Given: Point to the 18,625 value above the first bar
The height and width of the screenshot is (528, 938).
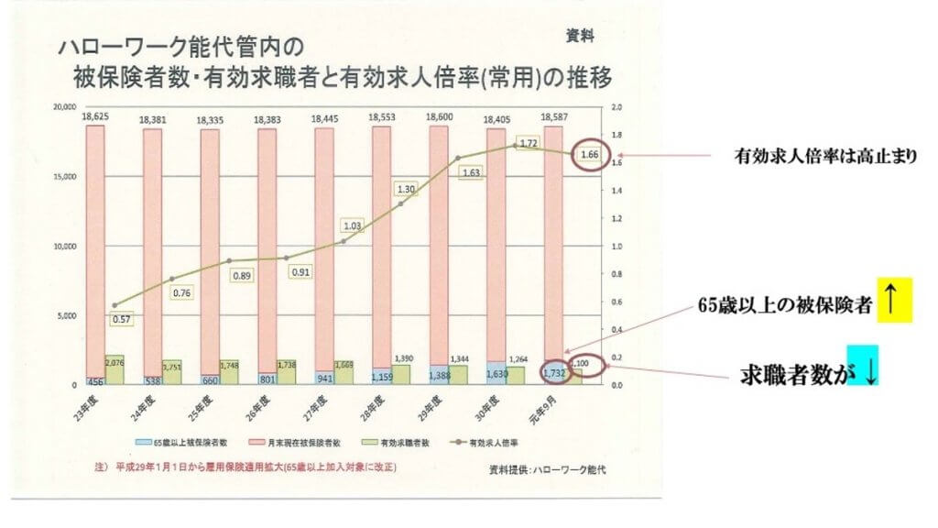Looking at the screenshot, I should point(95,117).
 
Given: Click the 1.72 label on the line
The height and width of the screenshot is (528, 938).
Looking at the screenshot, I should point(528,143).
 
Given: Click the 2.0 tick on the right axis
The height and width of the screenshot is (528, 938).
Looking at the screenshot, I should point(616,107).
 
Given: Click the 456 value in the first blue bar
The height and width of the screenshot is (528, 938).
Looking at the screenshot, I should point(94,380).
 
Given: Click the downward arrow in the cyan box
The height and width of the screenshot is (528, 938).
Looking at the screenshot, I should point(863,364).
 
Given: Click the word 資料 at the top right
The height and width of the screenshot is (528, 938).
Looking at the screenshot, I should point(579,37).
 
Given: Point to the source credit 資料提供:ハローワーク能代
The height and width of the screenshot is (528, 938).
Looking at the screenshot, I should point(549,469).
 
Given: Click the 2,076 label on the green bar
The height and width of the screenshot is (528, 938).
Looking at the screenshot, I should point(115,361).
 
